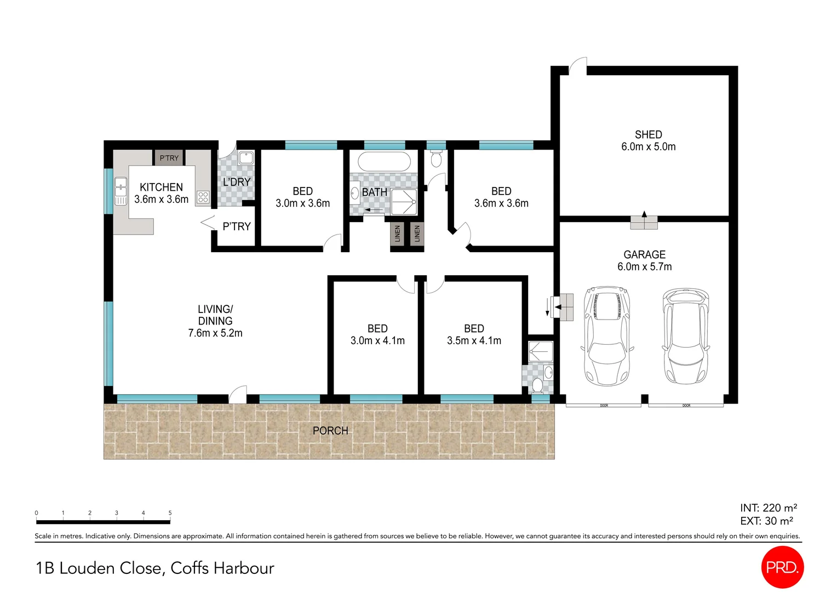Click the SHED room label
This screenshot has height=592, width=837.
click(x=648, y=135)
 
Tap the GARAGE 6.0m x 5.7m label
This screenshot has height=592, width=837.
click(x=644, y=261)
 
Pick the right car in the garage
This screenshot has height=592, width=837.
click(x=686, y=335)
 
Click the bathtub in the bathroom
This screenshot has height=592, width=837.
click(x=383, y=162)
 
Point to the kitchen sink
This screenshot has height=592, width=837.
click(x=121, y=191)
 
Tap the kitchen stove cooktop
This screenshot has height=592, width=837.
click(x=203, y=197)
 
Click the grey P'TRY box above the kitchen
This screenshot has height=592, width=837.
click(x=169, y=158)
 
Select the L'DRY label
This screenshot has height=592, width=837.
click(x=237, y=182)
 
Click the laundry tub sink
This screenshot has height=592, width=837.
click(x=246, y=158)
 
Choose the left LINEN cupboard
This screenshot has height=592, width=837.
click(x=397, y=234)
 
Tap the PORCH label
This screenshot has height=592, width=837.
click(x=330, y=431)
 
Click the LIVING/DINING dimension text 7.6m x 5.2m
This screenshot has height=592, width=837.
click(x=215, y=333)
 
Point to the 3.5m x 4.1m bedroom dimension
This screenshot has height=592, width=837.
click(x=474, y=341)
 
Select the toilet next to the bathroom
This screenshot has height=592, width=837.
click(x=436, y=160)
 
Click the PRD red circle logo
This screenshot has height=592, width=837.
click(x=782, y=567)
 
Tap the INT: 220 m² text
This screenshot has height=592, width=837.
click(x=768, y=508)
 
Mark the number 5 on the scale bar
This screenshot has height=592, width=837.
click(x=170, y=513)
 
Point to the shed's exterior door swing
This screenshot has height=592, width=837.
click(x=578, y=66)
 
